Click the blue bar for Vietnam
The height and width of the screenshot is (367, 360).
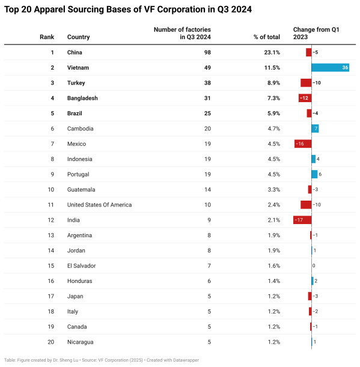331,67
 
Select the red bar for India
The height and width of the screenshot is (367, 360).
302,220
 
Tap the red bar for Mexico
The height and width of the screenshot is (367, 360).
302,144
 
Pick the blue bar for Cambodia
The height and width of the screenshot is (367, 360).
315,129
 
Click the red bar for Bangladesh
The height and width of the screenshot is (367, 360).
305,98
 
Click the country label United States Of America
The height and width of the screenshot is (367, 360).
99,205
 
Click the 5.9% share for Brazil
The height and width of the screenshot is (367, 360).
273,114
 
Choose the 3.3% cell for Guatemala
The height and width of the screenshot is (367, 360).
273,189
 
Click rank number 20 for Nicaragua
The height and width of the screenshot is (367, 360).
51,342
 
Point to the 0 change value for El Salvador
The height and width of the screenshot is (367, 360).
314,265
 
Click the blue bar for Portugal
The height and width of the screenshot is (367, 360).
314,174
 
